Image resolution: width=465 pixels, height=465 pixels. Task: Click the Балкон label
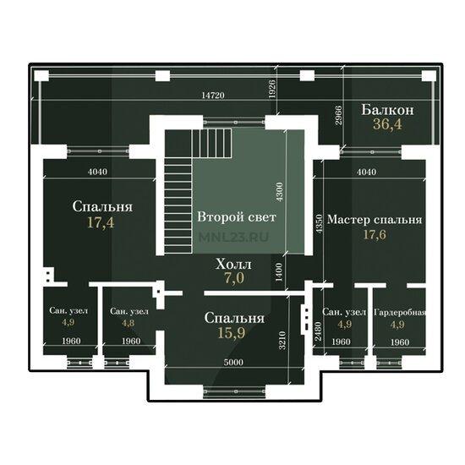(387, 110)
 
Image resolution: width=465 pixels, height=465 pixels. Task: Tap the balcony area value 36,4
(387, 124)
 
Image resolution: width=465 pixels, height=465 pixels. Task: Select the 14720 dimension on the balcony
(213, 96)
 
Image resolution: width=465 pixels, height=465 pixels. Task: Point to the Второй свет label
(237, 216)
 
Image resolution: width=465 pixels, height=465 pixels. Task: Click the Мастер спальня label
(375, 220)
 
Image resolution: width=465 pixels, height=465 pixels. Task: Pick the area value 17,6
(375, 234)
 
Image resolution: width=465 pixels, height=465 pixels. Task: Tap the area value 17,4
(101, 222)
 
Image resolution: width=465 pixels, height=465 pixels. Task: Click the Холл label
(233, 264)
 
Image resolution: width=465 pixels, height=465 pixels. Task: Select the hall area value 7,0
(234, 278)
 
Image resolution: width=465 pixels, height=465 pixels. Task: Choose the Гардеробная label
(401, 312)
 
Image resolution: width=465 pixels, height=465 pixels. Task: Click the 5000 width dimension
(233, 362)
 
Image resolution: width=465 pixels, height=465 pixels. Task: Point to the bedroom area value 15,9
(232, 333)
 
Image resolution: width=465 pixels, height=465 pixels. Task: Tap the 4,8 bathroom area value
(129, 323)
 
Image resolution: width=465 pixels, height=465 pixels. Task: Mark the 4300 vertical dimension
(279, 192)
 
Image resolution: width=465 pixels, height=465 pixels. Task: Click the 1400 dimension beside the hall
(279, 272)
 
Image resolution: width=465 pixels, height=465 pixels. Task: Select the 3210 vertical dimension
(282, 340)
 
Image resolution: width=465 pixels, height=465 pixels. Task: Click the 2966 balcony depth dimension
(338, 115)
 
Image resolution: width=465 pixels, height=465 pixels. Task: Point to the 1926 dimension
(271, 89)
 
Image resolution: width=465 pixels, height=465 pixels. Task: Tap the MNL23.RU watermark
(233, 237)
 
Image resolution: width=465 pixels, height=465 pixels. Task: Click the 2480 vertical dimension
(318, 331)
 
